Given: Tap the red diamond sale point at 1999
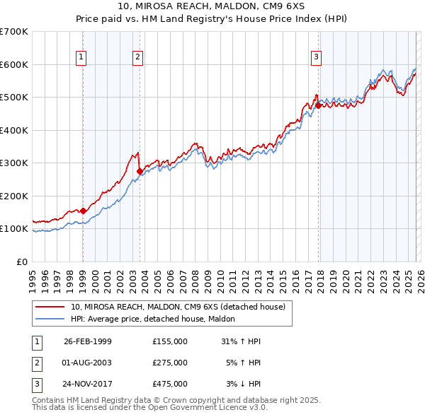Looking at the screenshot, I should (x=84, y=211).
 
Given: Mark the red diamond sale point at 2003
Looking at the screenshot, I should (x=140, y=171).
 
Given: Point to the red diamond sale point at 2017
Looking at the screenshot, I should (x=318, y=105).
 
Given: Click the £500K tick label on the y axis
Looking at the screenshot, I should (x=14, y=97).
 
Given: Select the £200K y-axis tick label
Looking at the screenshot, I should (x=14, y=196).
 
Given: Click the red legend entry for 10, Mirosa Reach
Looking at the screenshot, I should (x=177, y=307).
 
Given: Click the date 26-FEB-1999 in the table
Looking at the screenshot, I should (x=88, y=341).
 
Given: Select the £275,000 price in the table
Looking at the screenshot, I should (x=170, y=363).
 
